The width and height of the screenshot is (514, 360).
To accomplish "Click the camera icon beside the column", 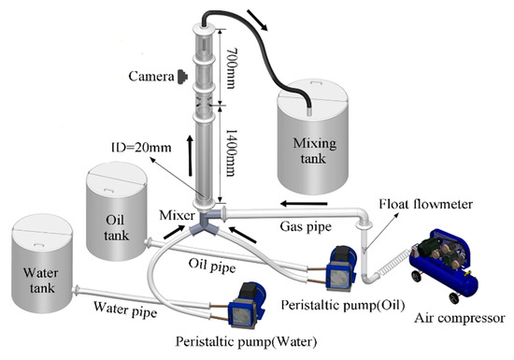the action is (x=182, y=77).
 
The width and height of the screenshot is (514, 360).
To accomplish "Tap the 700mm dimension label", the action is (x=232, y=68).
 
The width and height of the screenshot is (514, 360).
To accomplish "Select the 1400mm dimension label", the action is (x=232, y=152).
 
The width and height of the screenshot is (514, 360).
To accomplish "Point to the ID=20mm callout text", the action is (x=142, y=147).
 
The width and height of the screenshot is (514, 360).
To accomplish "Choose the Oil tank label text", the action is (x=116, y=227).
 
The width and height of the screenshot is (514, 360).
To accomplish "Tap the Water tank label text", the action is (x=41, y=281).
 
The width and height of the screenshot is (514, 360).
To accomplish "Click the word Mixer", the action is (x=177, y=215).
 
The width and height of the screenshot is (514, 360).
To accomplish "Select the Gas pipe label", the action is (x=306, y=226).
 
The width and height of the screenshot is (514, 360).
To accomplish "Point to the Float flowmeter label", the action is (x=426, y=204).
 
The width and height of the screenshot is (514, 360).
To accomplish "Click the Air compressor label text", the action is (x=460, y=318).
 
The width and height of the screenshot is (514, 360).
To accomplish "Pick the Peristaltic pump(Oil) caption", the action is (x=343, y=305).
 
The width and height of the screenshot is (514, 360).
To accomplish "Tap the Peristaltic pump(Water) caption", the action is (x=246, y=341).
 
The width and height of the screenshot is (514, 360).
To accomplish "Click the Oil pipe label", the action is (x=212, y=266).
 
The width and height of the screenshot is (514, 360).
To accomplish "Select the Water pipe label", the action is (x=125, y=310).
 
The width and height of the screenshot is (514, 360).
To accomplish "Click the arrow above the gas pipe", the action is (x=304, y=204).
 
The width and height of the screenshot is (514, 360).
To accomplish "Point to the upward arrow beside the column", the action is (x=190, y=156).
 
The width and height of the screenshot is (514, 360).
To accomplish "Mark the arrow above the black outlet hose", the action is (x=257, y=21).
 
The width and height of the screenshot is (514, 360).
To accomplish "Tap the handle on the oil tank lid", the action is (x=107, y=190).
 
